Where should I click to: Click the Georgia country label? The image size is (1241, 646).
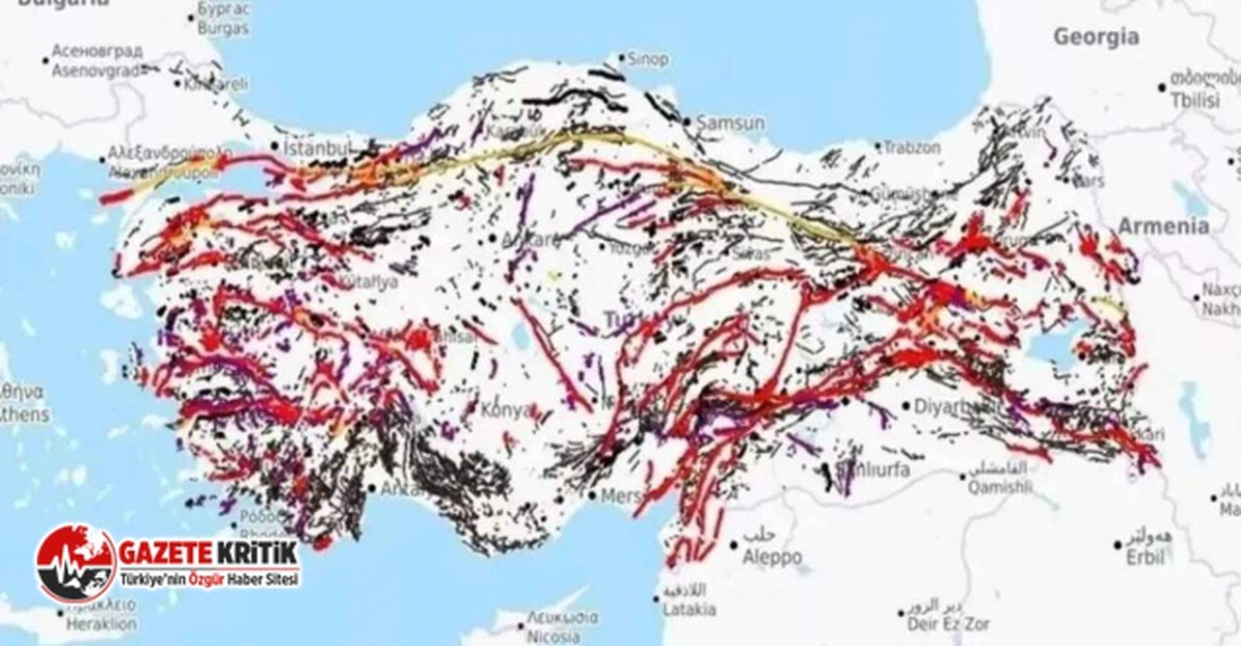coord(1096,38)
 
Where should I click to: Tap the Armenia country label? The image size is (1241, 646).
coord(1163,227)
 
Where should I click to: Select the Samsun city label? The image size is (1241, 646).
coord(730,124)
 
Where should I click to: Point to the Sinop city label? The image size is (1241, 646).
coord(648,60)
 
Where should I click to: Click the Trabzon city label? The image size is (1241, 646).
coord(911,148)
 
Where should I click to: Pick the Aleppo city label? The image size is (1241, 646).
coord(772,558)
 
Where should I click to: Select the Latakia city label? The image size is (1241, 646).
coord(688,609)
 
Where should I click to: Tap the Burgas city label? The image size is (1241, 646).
coord(223,29)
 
